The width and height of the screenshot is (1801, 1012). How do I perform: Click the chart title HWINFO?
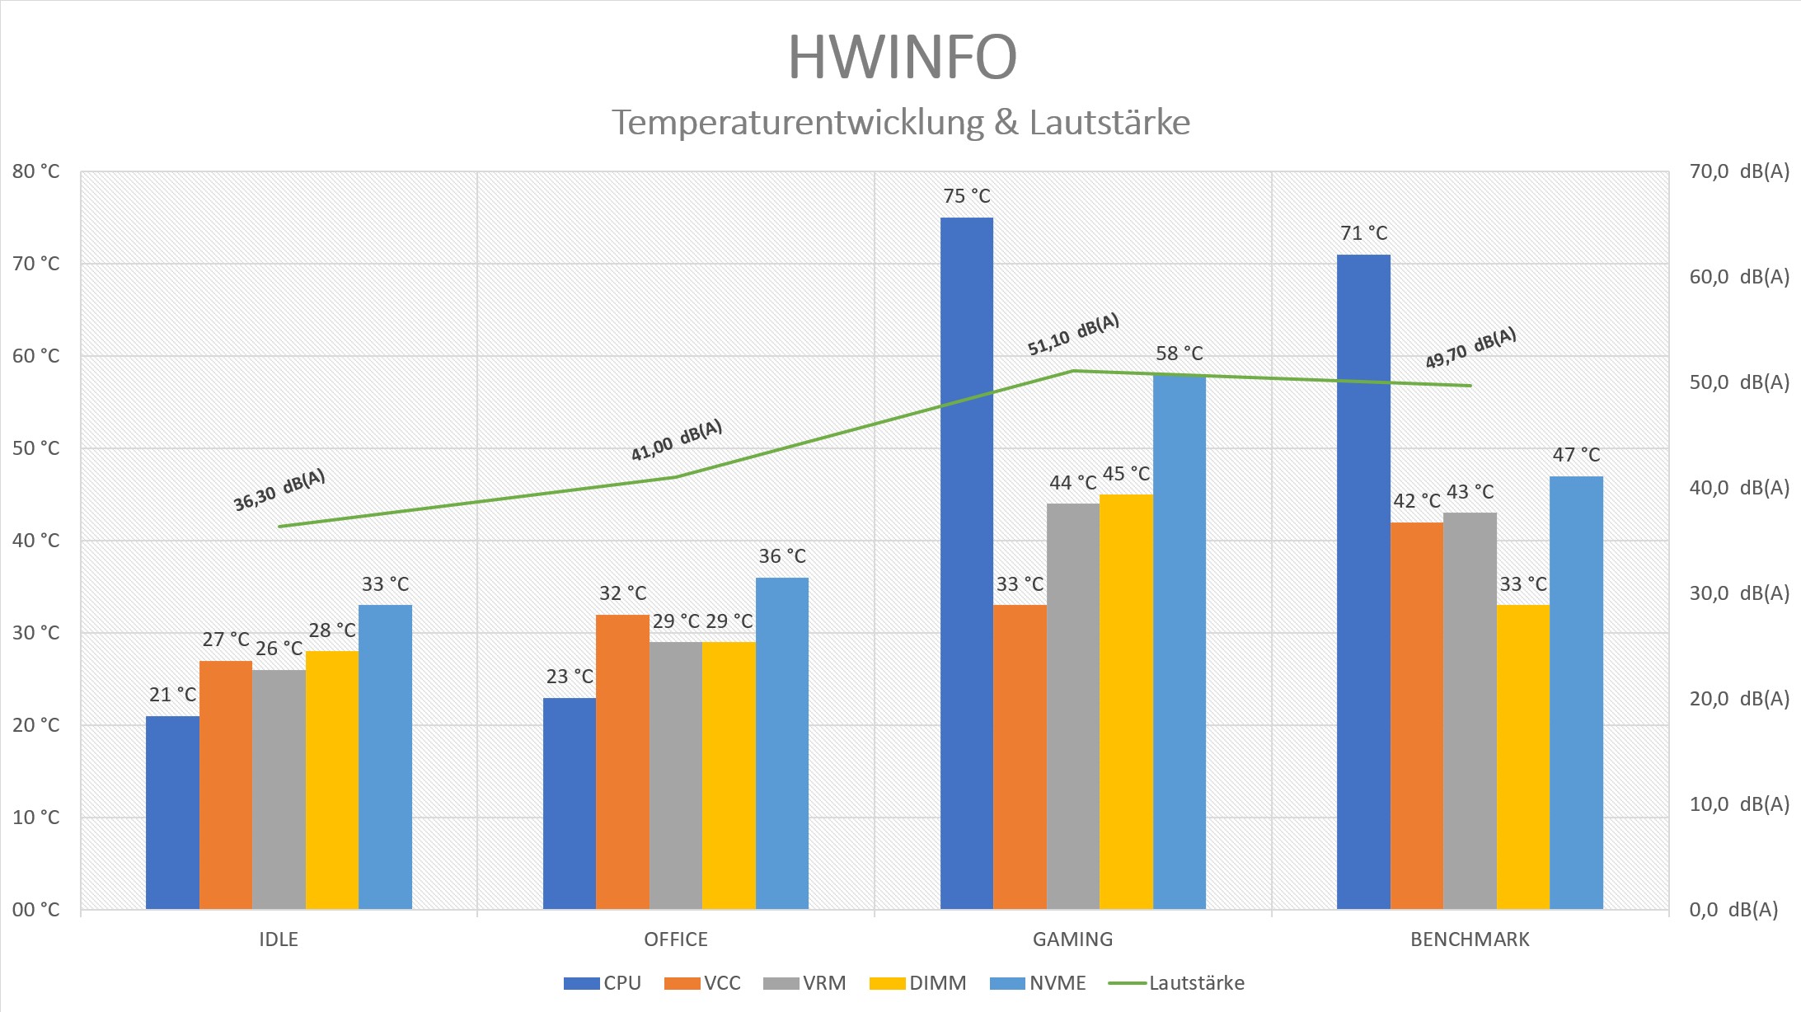point(902,58)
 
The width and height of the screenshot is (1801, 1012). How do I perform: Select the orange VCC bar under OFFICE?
point(622,761)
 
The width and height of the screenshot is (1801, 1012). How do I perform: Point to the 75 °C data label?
point(966,196)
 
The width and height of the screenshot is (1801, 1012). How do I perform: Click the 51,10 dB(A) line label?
point(1072,335)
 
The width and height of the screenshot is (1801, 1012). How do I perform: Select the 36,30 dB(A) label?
point(279,490)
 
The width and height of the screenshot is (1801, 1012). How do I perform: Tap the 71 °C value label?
point(1363,233)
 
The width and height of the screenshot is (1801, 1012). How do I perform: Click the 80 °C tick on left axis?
point(36,171)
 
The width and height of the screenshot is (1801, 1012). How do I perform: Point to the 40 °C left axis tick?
point(36,541)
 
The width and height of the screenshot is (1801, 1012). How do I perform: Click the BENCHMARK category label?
point(1470,939)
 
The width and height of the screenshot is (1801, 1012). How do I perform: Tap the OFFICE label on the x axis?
point(675,939)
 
